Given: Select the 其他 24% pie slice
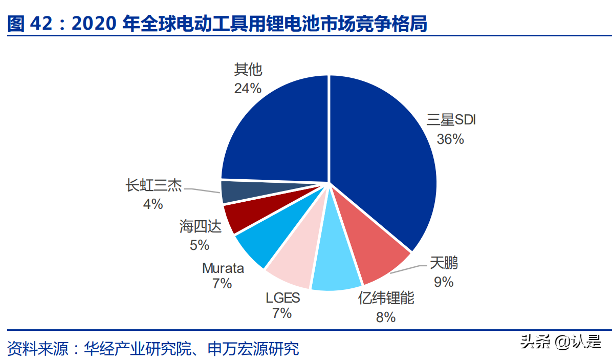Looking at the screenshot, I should pyautogui.click(x=276, y=133).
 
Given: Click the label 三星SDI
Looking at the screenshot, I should pyautogui.click(x=451, y=120).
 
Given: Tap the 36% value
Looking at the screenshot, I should pyautogui.click(x=450, y=139).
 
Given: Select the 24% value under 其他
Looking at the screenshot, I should pyautogui.click(x=248, y=88).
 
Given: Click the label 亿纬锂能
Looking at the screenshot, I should pyautogui.click(x=386, y=298).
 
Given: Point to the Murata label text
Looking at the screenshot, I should pyautogui.click(x=223, y=268).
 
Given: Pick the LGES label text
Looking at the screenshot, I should pyautogui.click(x=282, y=297).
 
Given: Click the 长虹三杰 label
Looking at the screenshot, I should pyautogui.click(x=154, y=185).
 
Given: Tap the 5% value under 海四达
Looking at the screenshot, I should pyautogui.click(x=200, y=245).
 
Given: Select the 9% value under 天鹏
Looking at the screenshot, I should pyautogui.click(x=444, y=282).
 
